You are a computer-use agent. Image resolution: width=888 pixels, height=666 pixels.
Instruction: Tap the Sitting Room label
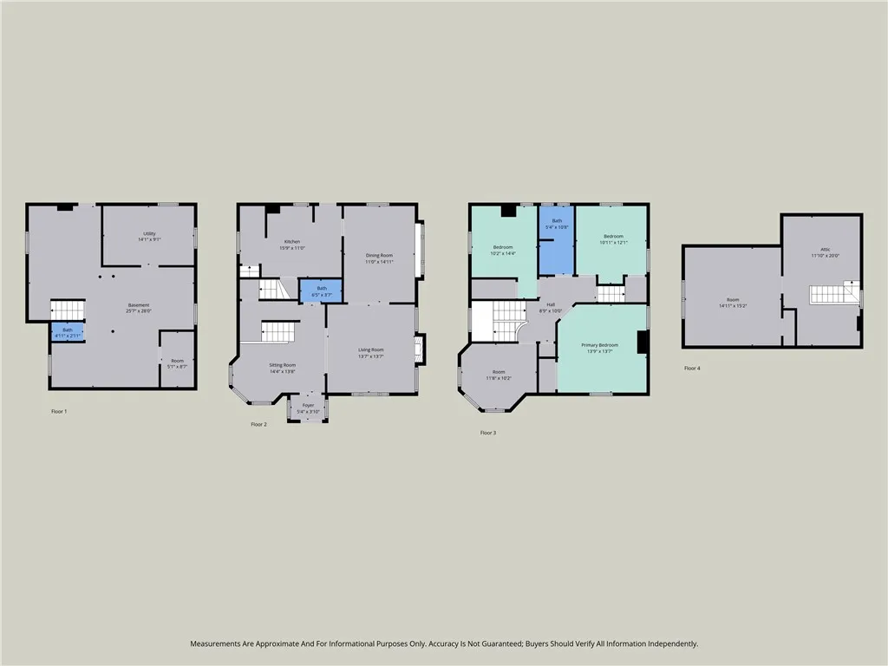tap(283, 368)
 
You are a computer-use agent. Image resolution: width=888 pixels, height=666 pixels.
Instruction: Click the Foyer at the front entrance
tap(308, 408)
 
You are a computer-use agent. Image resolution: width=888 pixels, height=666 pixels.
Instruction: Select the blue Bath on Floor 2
tap(321, 291)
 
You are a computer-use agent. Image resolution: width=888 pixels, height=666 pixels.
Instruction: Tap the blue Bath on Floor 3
tap(556, 225)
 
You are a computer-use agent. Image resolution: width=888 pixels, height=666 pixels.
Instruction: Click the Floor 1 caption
tap(59, 411)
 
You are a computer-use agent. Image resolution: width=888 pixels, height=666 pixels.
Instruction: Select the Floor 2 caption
tap(258, 424)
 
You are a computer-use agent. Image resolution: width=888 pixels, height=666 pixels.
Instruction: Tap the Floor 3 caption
tap(488, 432)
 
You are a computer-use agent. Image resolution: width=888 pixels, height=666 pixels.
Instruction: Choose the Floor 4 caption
tap(691, 369)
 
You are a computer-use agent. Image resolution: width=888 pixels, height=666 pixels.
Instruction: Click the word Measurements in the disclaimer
tap(218, 643)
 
